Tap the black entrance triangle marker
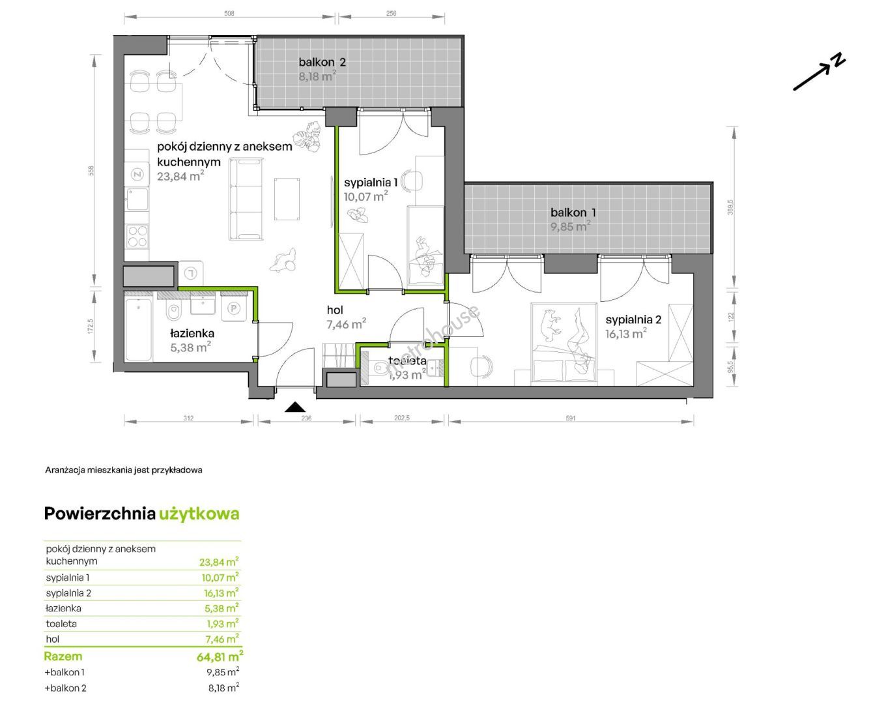pos(295,407)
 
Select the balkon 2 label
pos(322,62)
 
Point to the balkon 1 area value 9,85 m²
pos(570,226)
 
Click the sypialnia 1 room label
pos(371,183)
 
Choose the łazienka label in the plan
pos(192,333)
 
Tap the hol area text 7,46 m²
pos(346,324)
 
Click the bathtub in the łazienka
pos(138,329)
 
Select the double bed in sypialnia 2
pos(564,344)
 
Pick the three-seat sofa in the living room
pos(246,199)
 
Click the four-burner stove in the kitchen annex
pos(137,237)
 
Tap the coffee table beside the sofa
pos(287,198)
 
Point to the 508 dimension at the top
pos(229,14)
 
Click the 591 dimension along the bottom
pos(571,418)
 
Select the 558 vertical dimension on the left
pos(92,171)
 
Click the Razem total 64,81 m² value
pos(220,657)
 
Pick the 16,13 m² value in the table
pos(221,593)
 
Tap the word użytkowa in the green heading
pos(199,514)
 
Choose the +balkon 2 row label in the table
pos(65,688)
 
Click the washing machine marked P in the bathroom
pos(234,308)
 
